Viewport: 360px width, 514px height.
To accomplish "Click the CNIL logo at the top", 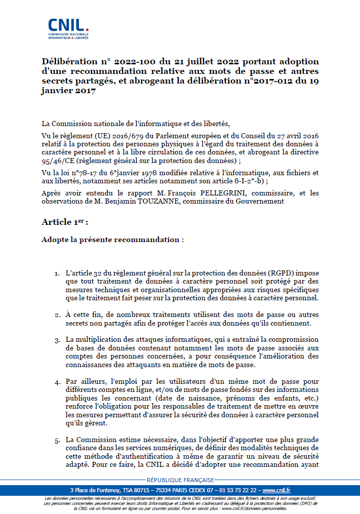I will click(68, 28).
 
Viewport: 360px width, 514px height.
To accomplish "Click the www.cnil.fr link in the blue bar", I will click(276, 490).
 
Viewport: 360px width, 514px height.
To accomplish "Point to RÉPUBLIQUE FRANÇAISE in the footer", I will click(180, 480).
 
